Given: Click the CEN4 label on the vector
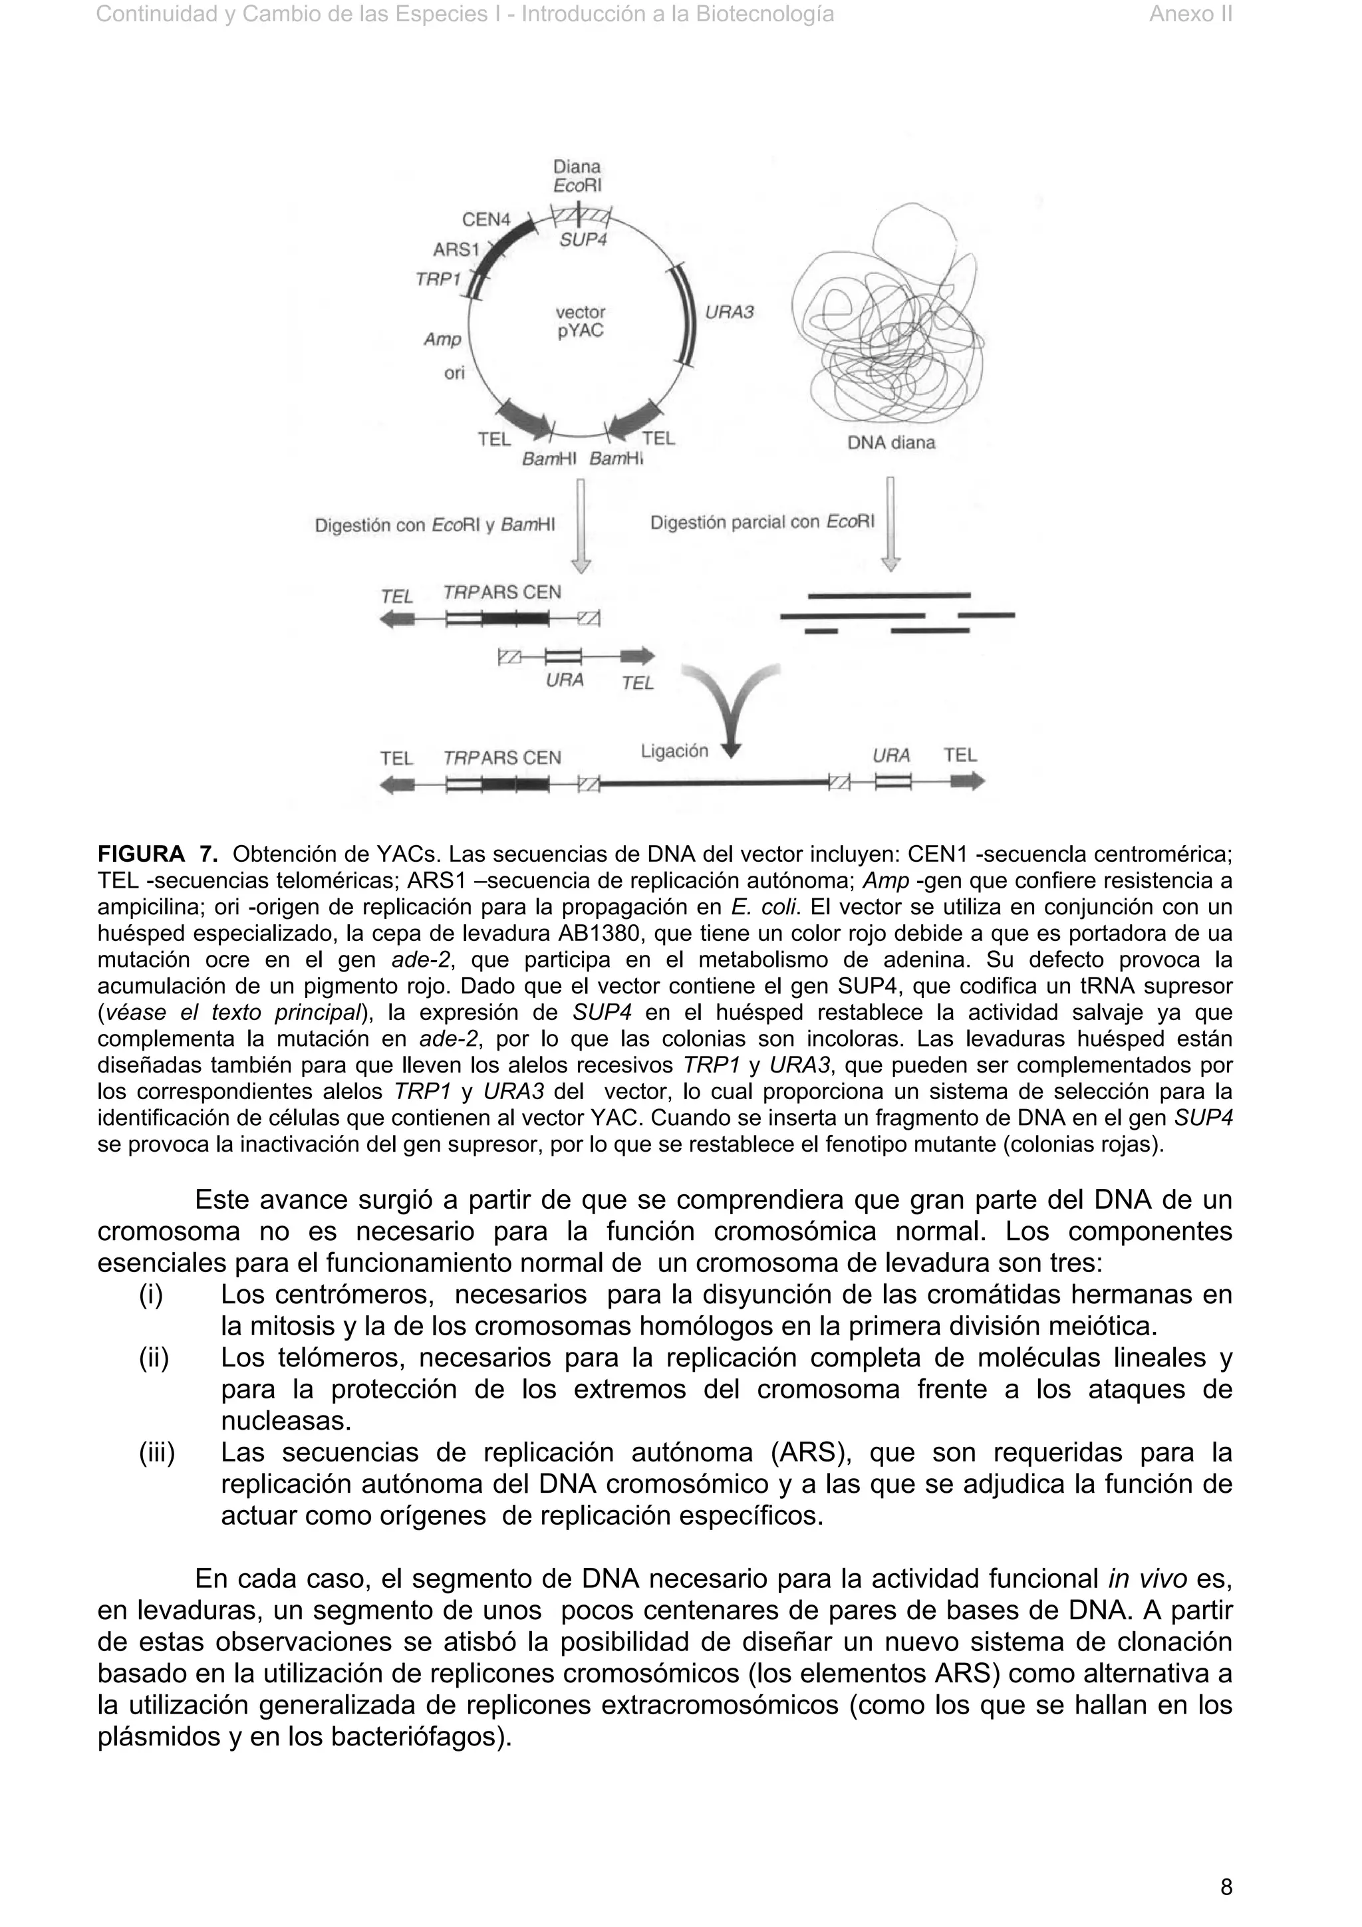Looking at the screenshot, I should [486, 220].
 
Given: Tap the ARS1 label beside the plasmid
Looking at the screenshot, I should [456, 250].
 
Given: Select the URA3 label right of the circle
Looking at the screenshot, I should [728, 313].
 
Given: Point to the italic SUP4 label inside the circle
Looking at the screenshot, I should [583, 240].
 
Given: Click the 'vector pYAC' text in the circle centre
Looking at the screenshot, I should [580, 321].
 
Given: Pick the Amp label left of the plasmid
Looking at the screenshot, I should [442, 339].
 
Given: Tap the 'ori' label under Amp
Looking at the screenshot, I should [454, 372].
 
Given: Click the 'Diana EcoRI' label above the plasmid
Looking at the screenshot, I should [577, 176].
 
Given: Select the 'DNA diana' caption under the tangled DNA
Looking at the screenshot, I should [890, 443].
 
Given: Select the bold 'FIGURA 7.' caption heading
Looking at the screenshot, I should [158, 855].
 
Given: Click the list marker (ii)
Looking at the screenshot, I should [154, 1358].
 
